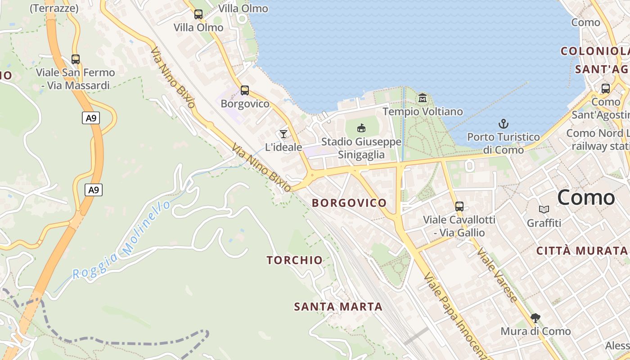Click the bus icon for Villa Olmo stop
tap(198, 14)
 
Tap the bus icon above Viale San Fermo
tap(76, 59)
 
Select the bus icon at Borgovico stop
tap(245, 90)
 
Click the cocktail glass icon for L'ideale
tap(283, 134)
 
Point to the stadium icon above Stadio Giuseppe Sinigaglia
tap(361, 128)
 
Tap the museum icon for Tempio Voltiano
tap(423, 98)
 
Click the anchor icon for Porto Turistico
tap(503, 123)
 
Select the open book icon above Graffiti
tap(544, 209)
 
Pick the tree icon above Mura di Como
tap(535, 318)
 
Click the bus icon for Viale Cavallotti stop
tap(459, 207)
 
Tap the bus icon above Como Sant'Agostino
tap(606, 89)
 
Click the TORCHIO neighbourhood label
tap(295, 260)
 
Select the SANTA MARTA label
tap(338, 307)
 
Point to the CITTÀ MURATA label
tap(582, 251)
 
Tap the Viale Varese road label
tap(498, 274)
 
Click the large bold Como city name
tap(586, 198)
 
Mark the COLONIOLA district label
tap(594, 51)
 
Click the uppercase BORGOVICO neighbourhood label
tap(349, 203)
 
